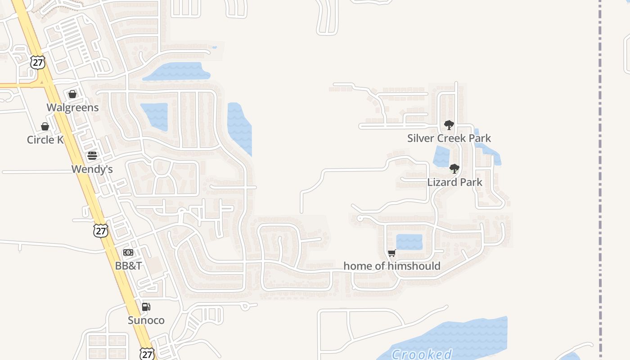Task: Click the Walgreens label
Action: click(x=73, y=108)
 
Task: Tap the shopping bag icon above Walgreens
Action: click(x=72, y=94)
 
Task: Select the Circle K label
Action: click(x=45, y=140)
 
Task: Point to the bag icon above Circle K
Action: click(x=45, y=126)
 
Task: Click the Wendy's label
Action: click(x=92, y=170)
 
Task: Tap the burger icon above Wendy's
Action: click(x=92, y=156)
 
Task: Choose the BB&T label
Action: click(x=128, y=266)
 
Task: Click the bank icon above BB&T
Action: click(x=128, y=252)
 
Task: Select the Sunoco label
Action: click(x=146, y=320)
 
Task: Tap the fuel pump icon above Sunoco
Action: click(x=146, y=307)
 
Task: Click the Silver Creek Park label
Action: click(x=449, y=138)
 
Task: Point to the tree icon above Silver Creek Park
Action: click(x=449, y=125)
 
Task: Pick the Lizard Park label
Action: click(x=454, y=182)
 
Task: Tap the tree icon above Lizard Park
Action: click(x=454, y=169)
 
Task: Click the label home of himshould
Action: click(x=391, y=266)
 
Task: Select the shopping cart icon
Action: click(x=391, y=253)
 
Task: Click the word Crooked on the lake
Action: click(x=422, y=354)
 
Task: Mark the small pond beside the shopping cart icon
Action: click(x=409, y=242)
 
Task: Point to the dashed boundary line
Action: click(x=600, y=180)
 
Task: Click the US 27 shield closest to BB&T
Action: click(x=101, y=231)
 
